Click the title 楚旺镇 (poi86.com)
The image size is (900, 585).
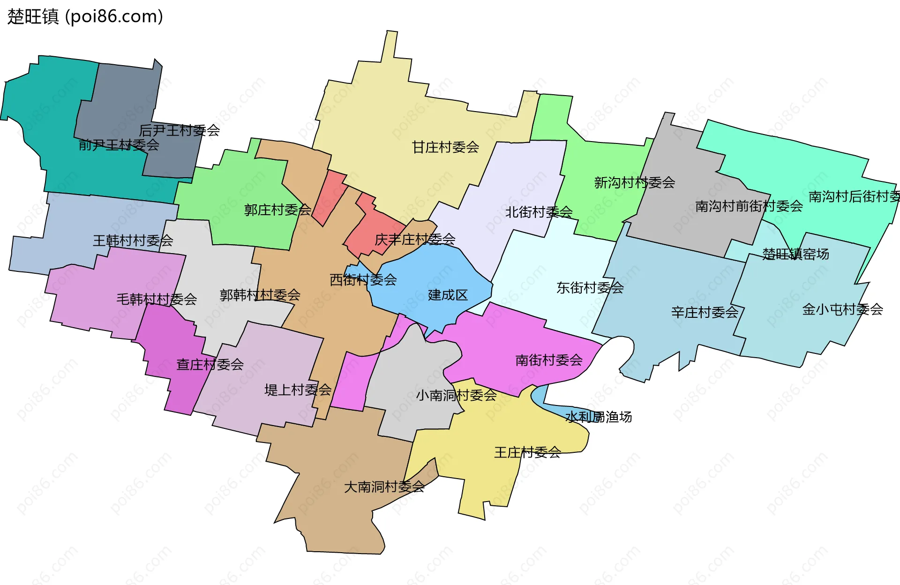pyautogui.click(x=85, y=16)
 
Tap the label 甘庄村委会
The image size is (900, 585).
pyautogui.click(x=445, y=147)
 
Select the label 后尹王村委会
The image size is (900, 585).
pyautogui.click(x=180, y=130)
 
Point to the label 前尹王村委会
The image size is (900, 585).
pyautogui.click(x=119, y=145)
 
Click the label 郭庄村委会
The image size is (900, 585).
pyautogui.click(x=277, y=210)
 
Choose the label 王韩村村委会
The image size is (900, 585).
pyautogui.click(x=133, y=240)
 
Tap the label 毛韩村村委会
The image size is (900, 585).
pyautogui.click(x=157, y=299)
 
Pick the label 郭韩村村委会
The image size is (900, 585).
pyautogui.click(x=260, y=295)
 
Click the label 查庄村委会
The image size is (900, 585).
pyautogui.click(x=210, y=364)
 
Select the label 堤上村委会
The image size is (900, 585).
pyautogui.click(x=298, y=390)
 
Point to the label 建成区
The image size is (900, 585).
pyautogui.click(x=448, y=295)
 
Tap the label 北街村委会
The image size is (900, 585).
pyautogui.click(x=539, y=212)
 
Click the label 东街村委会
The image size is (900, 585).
pyautogui.click(x=590, y=287)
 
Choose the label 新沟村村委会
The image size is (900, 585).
pyautogui.click(x=635, y=182)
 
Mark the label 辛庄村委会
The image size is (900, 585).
pyautogui.click(x=705, y=312)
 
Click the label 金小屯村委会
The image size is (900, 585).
pyautogui.click(x=843, y=309)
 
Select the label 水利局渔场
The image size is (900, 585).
pyautogui.click(x=599, y=417)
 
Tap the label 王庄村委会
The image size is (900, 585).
pyautogui.click(x=527, y=452)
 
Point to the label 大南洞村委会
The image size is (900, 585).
pyautogui.click(x=384, y=487)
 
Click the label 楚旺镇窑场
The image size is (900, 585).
pyautogui.click(x=795, y=254)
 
